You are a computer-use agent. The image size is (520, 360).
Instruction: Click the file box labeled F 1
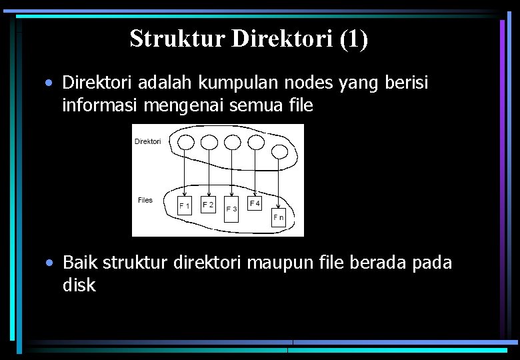[184, 206]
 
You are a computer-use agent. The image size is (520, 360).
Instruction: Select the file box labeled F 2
[208, 205]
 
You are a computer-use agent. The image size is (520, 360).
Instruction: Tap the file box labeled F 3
[231, 209]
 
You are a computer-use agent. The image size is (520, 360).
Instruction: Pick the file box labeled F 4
[255, 203]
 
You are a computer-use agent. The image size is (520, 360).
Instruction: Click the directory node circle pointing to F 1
[186, 142]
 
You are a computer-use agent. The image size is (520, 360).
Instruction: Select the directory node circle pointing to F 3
[232, 142]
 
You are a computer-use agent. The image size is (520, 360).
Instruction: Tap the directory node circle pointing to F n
[279, 151]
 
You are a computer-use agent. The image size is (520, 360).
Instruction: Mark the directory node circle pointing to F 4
[255, 142]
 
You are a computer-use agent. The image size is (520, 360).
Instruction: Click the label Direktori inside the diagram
[147, 141]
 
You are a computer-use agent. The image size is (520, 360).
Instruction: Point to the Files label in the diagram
[145, 200]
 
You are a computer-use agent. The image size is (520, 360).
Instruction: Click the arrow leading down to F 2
[209, 173]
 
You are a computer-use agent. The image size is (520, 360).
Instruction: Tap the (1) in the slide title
[353, 39]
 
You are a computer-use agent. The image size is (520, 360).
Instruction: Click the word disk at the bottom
[79, 285]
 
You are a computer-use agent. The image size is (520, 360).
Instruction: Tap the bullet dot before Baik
[50, 263]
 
